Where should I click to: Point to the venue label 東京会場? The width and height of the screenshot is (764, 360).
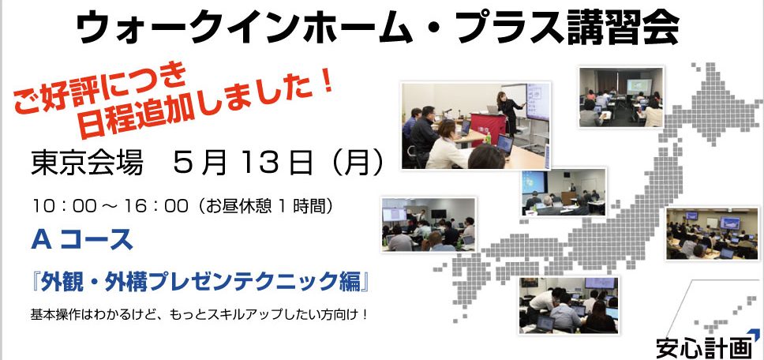(87, 164)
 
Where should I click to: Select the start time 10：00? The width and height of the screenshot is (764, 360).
(64, 207)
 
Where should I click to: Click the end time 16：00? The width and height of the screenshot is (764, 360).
(156, 207)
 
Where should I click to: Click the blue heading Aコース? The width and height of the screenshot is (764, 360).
(82, 241)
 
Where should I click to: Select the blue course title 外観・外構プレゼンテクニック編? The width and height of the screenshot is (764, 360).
(200, 283)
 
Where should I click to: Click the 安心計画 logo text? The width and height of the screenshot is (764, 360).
(701, 349)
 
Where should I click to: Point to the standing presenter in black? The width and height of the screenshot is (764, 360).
(510, 113)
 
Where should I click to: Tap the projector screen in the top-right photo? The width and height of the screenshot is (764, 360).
(639, 87)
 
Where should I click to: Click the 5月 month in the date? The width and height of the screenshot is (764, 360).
(200, 164)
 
